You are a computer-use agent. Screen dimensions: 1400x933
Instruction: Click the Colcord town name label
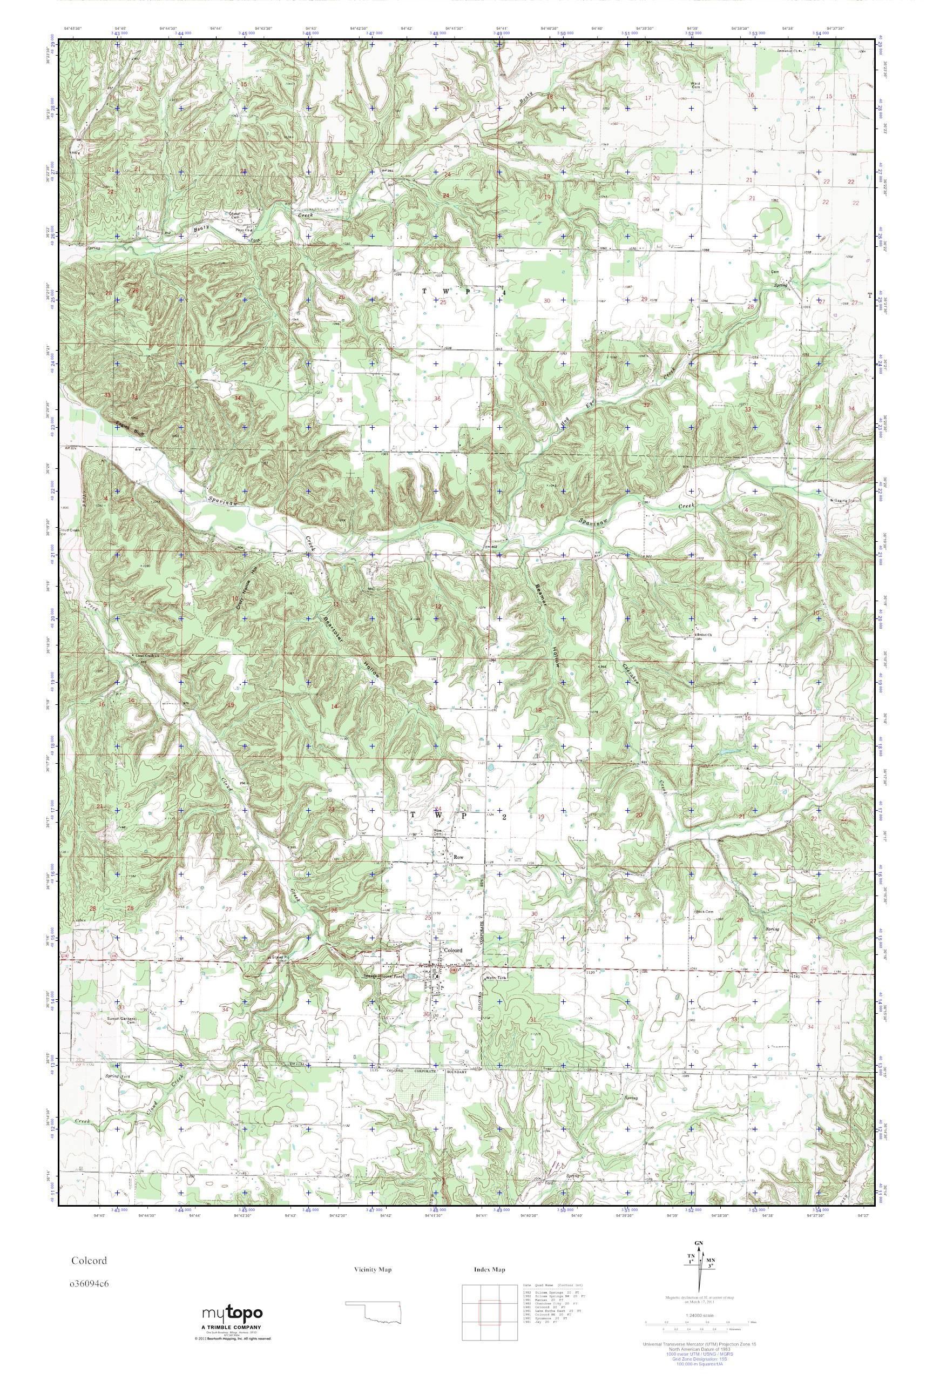[454, 951]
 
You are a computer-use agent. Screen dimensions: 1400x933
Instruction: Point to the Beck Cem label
[705, 911]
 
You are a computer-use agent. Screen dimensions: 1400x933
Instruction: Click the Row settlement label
[458, 857]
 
